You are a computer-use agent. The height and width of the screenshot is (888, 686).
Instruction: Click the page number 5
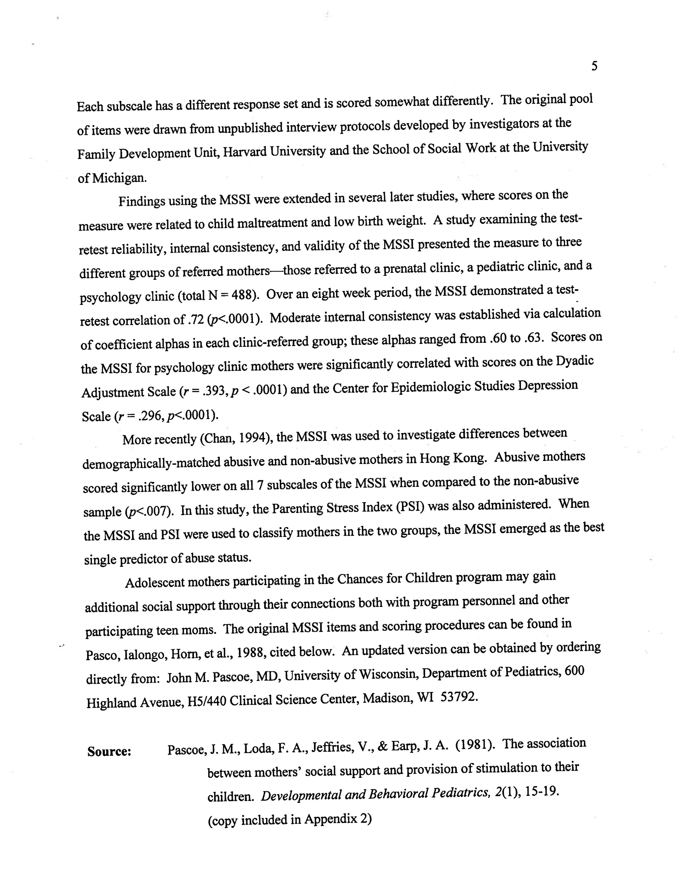(x=594, y=66)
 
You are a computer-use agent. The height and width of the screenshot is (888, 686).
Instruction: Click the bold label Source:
(x=109, y=751)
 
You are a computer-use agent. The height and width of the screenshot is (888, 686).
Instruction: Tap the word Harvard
(x=246, y=152)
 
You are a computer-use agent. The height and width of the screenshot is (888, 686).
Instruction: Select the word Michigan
(x=119, y=178)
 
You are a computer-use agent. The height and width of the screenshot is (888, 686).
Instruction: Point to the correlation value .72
(x=196, y=320)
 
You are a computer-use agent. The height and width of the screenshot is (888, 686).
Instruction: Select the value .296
(x=151, y=415)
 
